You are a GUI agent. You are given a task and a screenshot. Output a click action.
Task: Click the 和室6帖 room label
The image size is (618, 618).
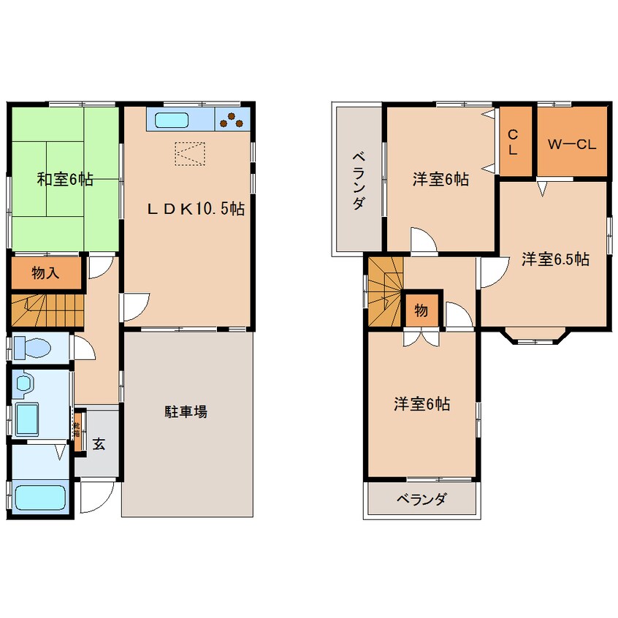coord(65,179)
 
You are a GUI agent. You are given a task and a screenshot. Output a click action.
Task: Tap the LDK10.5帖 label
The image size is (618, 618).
coord(196,209)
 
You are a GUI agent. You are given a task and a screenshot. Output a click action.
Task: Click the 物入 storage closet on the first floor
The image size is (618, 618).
coord(45,273)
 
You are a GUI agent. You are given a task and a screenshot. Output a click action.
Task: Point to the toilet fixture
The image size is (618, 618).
coord(32,347)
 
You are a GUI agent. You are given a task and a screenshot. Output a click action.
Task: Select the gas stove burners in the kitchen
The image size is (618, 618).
coord(233,118)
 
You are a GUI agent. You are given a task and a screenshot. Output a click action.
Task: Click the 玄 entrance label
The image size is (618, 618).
coord(99,443)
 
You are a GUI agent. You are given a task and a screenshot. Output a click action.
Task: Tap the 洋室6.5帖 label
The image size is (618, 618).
coord(555,259)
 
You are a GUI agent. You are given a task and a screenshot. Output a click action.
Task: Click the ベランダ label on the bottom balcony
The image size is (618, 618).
coord(421,500)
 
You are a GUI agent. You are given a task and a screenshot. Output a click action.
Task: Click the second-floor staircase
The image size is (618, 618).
coord(384,292)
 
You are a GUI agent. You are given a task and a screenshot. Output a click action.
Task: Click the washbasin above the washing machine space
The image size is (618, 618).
coord(23,381)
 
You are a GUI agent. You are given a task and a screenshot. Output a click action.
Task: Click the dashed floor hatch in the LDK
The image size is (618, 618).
coord(190,153)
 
